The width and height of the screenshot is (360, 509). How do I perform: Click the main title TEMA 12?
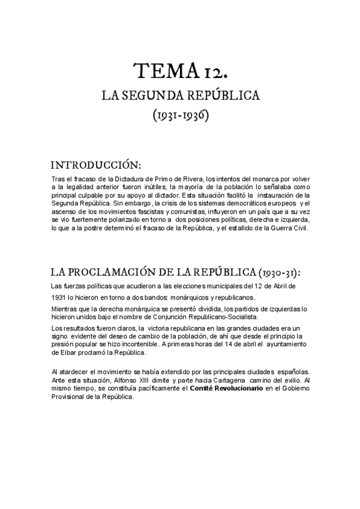pos(180,74)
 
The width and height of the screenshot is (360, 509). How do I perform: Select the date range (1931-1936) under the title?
pos(180,115)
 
